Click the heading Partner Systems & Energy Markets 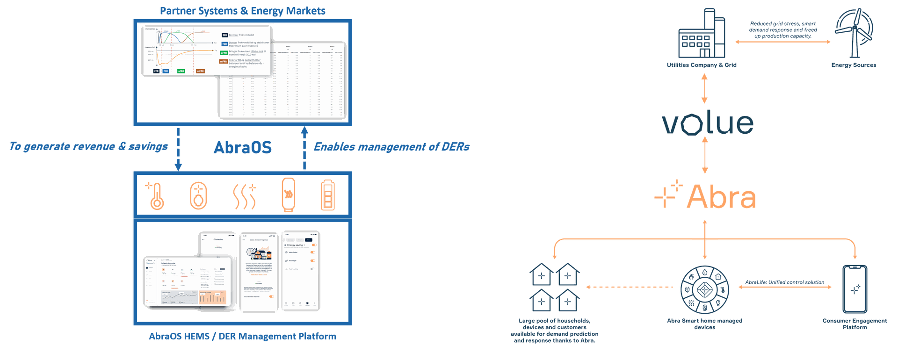[x=243, y=11]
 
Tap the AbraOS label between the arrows [x=243, y=147]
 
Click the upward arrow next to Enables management [x=304, y=149]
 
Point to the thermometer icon [x=156, y=196]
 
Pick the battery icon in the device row [x=327, y=196]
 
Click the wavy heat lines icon [x=245, y=197]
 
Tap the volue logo [x=708, y=123]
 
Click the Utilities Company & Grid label [x=702, y=65]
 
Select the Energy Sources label [x=854, y=65]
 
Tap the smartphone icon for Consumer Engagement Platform [x=855, y=288]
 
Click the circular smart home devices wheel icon [x=704, y=289]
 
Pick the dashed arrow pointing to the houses [x=629, y=287]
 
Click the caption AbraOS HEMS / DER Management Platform [x=243, y=337]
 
